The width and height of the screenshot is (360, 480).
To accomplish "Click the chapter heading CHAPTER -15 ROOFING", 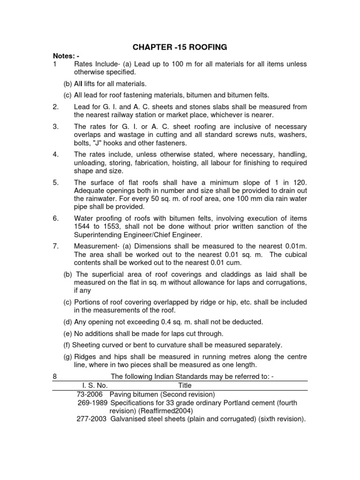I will [x=180, y=47].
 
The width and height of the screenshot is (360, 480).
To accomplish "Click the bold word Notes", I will [x=64, y=56].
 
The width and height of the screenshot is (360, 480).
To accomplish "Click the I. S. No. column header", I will [x=92, y=385].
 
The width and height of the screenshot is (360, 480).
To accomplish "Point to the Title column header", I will [x=185, y=385].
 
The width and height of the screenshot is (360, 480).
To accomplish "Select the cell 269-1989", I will [x=92, y=403].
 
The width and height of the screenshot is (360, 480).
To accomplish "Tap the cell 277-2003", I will [x=92, y=420].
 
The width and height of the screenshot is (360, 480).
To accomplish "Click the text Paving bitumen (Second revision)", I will [x=162, y=394].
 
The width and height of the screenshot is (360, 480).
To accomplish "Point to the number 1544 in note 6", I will [x=82, y=226].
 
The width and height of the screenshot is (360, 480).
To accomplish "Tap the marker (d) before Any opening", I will [x=68, y=322].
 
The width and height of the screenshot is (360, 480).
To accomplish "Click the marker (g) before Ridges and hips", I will [x=68, y=357].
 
